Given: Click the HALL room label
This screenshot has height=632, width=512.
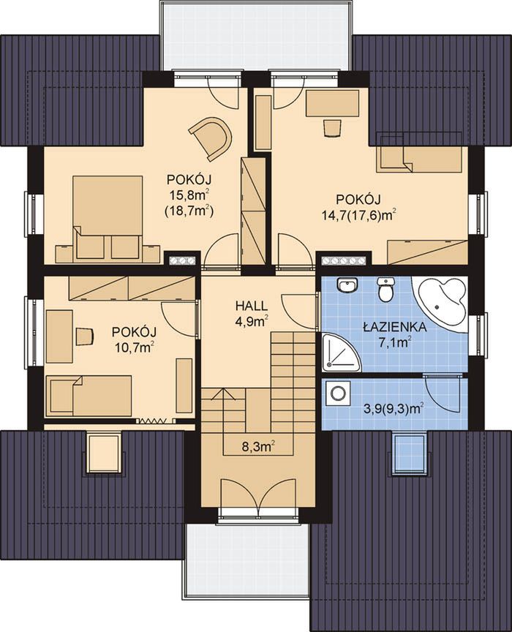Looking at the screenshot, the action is point(252,306).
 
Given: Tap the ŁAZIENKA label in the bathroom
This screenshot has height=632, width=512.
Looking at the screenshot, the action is point(395,327).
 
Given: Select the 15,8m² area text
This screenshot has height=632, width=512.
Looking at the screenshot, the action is point(189,195).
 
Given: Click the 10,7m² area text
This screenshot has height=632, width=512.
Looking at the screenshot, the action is point(134,347).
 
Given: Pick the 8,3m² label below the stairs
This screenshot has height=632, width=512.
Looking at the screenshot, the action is point(258,446).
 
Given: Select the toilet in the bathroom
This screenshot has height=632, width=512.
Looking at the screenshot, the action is point(385,289).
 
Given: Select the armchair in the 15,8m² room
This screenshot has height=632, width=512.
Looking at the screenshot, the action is point(211,137).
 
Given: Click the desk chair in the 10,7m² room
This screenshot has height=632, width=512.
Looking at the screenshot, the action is point(85,336).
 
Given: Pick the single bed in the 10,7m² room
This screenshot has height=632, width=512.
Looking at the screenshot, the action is point(89,396).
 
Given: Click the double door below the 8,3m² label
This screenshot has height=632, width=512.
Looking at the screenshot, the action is point(258,496).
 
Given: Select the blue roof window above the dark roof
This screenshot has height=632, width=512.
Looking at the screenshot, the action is point(408,454).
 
